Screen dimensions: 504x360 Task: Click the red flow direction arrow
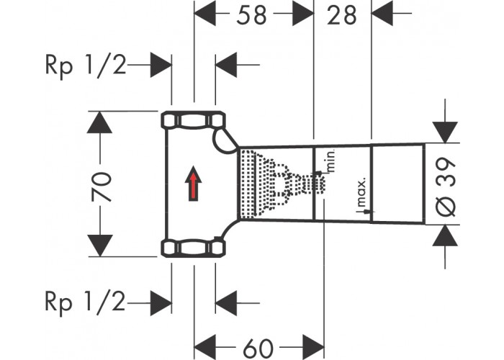[193, 184]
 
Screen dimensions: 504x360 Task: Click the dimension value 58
[251, 15]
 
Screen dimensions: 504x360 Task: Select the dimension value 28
[342, 15]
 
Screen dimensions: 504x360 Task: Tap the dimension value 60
[258, 348]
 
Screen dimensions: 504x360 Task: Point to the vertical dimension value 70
[102, 187]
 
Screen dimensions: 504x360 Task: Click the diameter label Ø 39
[446, 186]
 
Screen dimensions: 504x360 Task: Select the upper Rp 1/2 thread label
[86, 66]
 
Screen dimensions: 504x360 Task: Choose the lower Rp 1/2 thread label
[86, 302]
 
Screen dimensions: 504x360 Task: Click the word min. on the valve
[331, 161]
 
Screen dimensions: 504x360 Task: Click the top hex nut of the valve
[193, 120]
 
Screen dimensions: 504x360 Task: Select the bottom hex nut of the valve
[193, 248]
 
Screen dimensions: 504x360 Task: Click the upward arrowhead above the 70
[99, 122]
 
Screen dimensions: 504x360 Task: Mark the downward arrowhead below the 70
[99, 246]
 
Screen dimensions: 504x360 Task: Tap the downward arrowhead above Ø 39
[445, 132]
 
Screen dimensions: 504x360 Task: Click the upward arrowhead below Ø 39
[445, 235]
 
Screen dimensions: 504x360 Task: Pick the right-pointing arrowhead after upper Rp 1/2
[161, 65]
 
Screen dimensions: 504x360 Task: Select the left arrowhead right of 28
[382, 13]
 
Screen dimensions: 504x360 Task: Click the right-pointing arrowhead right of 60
[313, 347]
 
